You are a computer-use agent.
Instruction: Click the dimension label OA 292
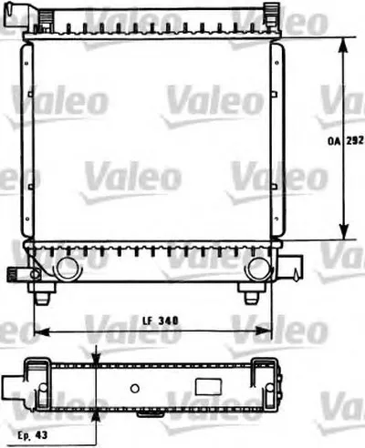[x=345, y=141]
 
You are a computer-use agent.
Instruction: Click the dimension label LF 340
[x=161, y=321]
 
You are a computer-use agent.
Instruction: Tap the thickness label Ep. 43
[x=33, y=434]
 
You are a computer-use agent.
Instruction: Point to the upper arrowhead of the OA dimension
[x=343, y=46]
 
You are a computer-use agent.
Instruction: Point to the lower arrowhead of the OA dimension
[x=344, y=231]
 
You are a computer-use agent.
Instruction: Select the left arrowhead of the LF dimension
[x=42, y=331]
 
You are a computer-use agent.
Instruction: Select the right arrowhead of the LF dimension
[x=263, y=331]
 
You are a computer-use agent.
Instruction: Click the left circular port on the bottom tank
[x=68, y=268]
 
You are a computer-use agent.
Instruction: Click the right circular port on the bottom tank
[x=259, y=268]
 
